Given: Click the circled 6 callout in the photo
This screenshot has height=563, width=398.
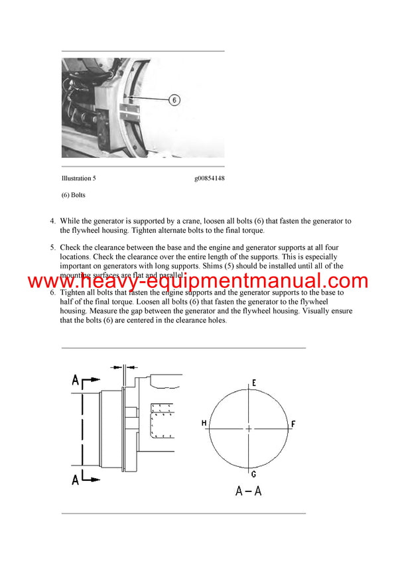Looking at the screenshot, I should coord(173,100).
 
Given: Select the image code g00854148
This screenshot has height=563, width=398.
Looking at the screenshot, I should coord(209,178).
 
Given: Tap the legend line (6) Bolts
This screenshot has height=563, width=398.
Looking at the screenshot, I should coord(73,195).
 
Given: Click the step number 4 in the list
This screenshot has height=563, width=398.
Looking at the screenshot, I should coord(52,221).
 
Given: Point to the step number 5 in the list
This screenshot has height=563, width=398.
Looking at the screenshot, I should coord(52,247).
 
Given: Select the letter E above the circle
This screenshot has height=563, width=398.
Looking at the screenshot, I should coord(253,383).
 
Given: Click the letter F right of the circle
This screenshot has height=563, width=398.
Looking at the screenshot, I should coord(293,423).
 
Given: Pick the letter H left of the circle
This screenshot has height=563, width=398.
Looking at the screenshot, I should coord(204,423).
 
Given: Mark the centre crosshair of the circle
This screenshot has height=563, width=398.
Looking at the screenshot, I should coord(249,428).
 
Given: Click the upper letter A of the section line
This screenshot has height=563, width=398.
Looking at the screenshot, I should coord(76,380).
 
